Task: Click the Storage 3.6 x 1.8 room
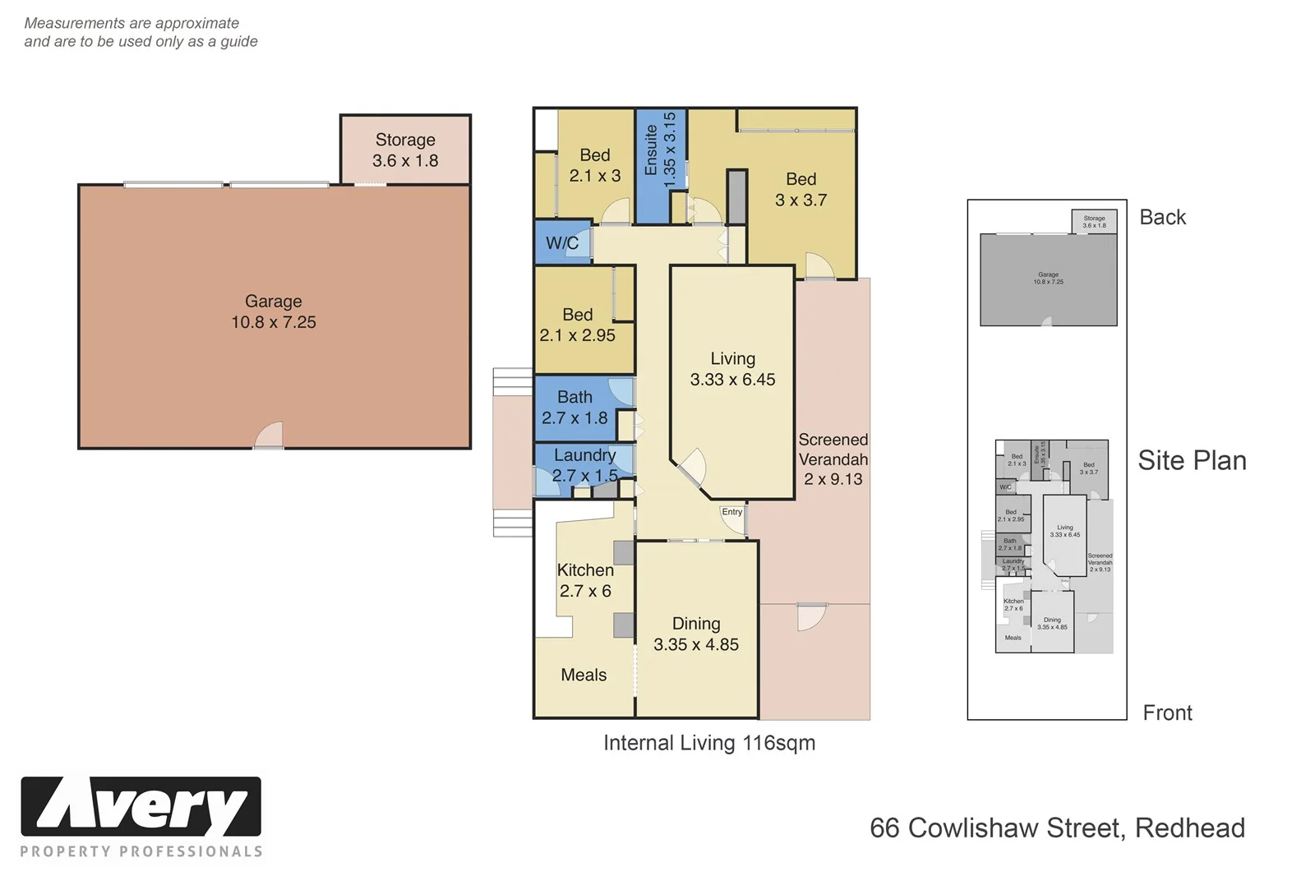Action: (x=405, y=150)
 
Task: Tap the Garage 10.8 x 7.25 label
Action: (x=273, y=312)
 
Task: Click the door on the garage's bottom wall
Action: (x=269, y=436)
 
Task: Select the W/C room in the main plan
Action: (x=562, y=242)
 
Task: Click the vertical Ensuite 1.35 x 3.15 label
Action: (x=660, y=149)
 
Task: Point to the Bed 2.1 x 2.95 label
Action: (x=577, y=325)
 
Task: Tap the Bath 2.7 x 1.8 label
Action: (x=574, y=408)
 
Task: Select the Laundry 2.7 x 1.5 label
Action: (x=584, y=465)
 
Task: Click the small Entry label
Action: (x=731, y=512)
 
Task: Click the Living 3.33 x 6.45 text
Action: (x=732, y=369)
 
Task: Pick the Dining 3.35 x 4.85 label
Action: (x=696, y=634)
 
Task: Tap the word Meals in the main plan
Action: (x=584, y=675)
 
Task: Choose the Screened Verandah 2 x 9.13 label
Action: (x=833, y=459)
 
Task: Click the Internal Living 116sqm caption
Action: (x=709, y=743)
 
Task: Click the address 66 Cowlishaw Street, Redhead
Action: (x=1057, y=828)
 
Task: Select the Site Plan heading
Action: (x=1192, y=460)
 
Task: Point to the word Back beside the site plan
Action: (x=1162, y=217)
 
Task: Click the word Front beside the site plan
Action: (x=1167, y=712)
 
